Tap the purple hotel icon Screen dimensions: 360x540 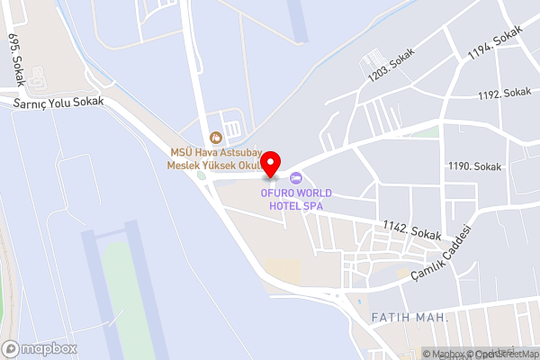click(295, 177)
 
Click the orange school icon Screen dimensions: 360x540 click(215, 138)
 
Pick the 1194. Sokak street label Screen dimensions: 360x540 click(494, 43)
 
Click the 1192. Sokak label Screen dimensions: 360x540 click(504, 94)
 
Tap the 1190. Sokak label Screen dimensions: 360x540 click(474, 166)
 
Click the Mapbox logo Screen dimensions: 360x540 click(40, 348)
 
